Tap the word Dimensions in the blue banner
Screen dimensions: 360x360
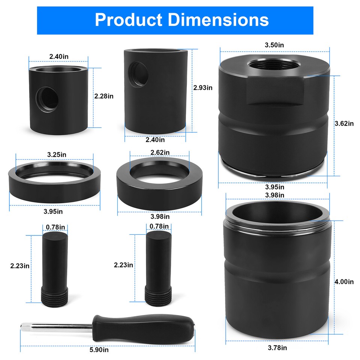click(219, 20)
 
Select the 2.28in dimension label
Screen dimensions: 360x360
click(104, 96)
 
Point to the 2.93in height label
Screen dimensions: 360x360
click(202, 87)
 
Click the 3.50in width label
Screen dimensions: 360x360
click(274, 45)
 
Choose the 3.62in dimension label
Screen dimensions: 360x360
click(344, 123)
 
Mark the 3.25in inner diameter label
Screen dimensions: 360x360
click(57, 154)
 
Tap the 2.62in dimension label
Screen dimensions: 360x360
click(160, 152)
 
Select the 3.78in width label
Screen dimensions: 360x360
click(277, 348)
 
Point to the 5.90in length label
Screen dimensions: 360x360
click(99, 349)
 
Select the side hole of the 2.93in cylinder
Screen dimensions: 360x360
click(138, 73)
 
